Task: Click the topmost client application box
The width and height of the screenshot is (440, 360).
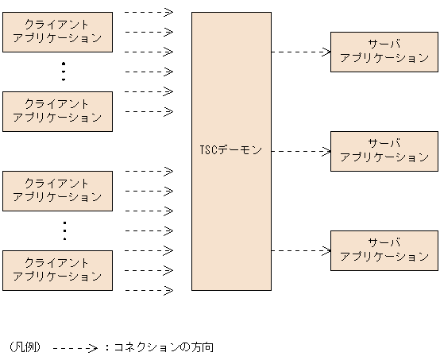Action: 57,32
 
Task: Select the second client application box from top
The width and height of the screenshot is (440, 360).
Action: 57,111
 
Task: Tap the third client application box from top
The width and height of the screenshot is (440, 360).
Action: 57,190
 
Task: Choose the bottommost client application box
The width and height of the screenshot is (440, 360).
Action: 57,269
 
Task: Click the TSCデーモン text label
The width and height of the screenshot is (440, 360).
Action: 230,150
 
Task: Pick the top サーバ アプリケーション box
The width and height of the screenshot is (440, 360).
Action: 384,52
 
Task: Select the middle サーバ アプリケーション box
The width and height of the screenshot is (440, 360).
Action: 384,151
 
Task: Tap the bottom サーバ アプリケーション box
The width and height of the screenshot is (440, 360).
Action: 384,250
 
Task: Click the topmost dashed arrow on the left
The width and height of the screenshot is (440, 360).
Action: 149,12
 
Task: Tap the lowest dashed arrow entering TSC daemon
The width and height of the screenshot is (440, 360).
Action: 149,290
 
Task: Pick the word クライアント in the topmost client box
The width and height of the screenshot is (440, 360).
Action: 57,25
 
